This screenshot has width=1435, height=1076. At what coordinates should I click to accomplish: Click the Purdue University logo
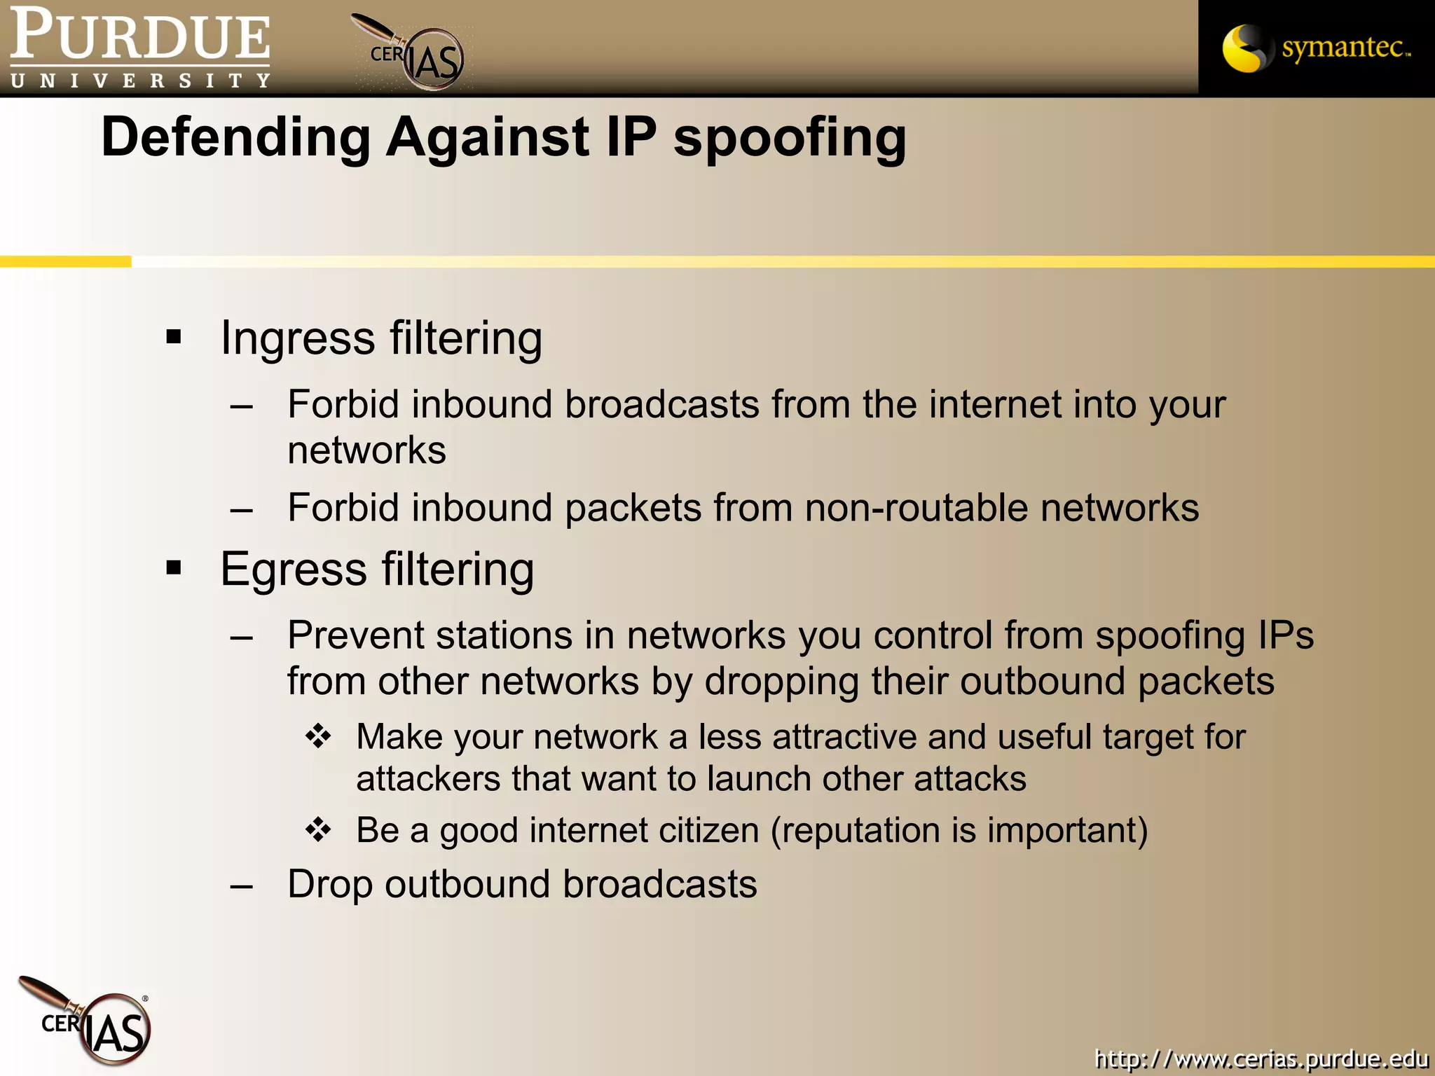pyautogui.click(x=140, y=48)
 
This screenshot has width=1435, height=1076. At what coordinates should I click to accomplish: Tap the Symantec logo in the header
pyautogui.click(x=1316, y=48)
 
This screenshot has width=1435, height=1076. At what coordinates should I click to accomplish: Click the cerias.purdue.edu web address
pyautogui.click(x=1261, y=1057)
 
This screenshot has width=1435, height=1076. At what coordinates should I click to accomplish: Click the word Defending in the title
pyautogui.click(x=236, y=137)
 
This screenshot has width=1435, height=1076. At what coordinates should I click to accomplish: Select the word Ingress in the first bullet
pyautogui.click(x=298, y=339)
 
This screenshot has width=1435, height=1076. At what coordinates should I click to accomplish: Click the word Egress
pyautogui.click(x=294, y=570)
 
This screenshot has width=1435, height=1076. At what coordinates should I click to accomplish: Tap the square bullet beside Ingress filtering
pyautogui.click(x=174, y=338)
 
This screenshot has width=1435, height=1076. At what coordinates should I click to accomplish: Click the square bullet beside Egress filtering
pyautogui.click(x=174, y=567)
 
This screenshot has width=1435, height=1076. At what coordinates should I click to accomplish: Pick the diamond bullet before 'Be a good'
pyautogui.click(x=318, y=829)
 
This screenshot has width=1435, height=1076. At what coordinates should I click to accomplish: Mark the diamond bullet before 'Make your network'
pyautogui.click(x=318, y=736)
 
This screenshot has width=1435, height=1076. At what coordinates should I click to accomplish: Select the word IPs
pyautogui.click(x=1286, y=636)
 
